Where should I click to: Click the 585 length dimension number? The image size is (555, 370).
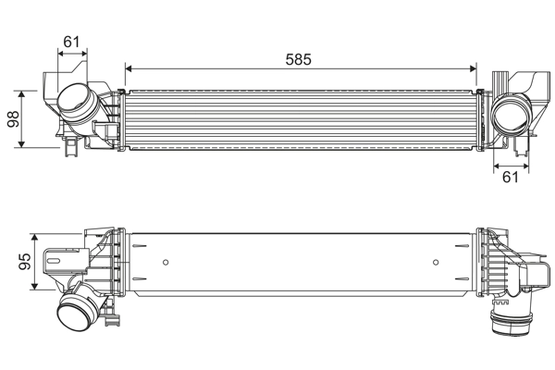298,58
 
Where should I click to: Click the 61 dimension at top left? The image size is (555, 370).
71,41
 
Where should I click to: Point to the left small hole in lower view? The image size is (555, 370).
166,262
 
